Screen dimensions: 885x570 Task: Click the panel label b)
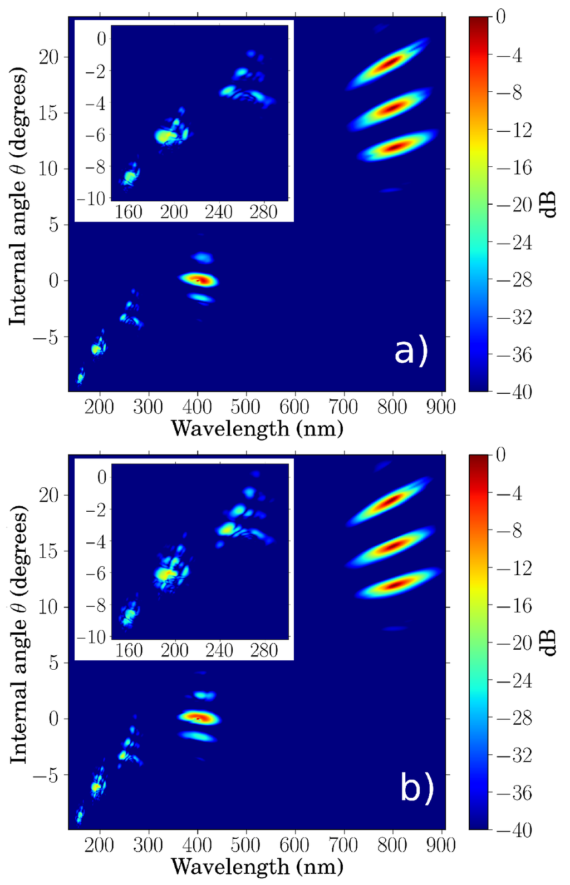click(416, 788)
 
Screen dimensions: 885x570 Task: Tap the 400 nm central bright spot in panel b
click(199, 718)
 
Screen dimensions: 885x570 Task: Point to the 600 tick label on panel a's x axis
click(294, 407)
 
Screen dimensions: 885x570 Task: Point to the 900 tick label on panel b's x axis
click(440, 846)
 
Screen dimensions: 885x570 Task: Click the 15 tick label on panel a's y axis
click(50, 113)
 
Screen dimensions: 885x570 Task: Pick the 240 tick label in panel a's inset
click(219, 212)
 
